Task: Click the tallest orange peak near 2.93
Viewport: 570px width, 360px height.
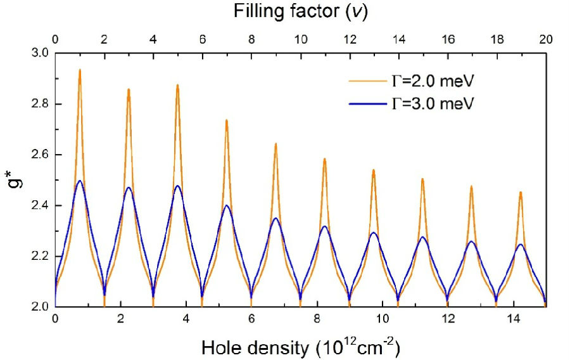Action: [80, 70]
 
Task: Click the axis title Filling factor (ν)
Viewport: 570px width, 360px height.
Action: [300, 11]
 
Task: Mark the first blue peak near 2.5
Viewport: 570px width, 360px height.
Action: [80, 181]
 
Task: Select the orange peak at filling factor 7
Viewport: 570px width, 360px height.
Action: [227, 120]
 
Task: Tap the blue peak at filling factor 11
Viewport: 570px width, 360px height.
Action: [325, 226]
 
